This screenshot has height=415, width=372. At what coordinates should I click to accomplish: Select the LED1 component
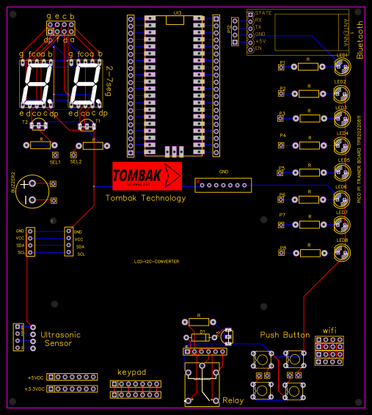click(x=342, y=67)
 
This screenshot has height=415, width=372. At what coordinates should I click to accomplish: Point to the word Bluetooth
click(x=360, y=40)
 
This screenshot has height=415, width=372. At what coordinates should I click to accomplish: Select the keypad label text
click(x=132, y=372)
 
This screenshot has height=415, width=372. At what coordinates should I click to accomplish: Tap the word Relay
click(x=233, y=400)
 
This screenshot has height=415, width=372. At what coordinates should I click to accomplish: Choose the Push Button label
click(x=285, y=334)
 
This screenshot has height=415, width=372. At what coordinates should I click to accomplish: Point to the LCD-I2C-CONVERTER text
click(x=156, y=262)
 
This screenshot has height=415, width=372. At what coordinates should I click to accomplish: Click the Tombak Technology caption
click(x=145, y=198)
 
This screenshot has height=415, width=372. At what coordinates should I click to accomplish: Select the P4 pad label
click(x=282, y=136)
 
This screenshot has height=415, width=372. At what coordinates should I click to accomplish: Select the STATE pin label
click(x=263, y=13)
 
